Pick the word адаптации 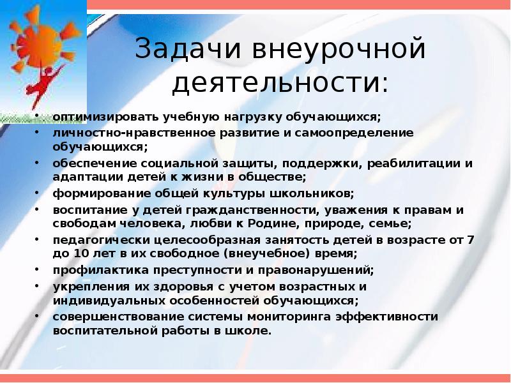pyautogui.click(x=82, y=177)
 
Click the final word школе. pyautogui.click(x=254, y=331)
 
